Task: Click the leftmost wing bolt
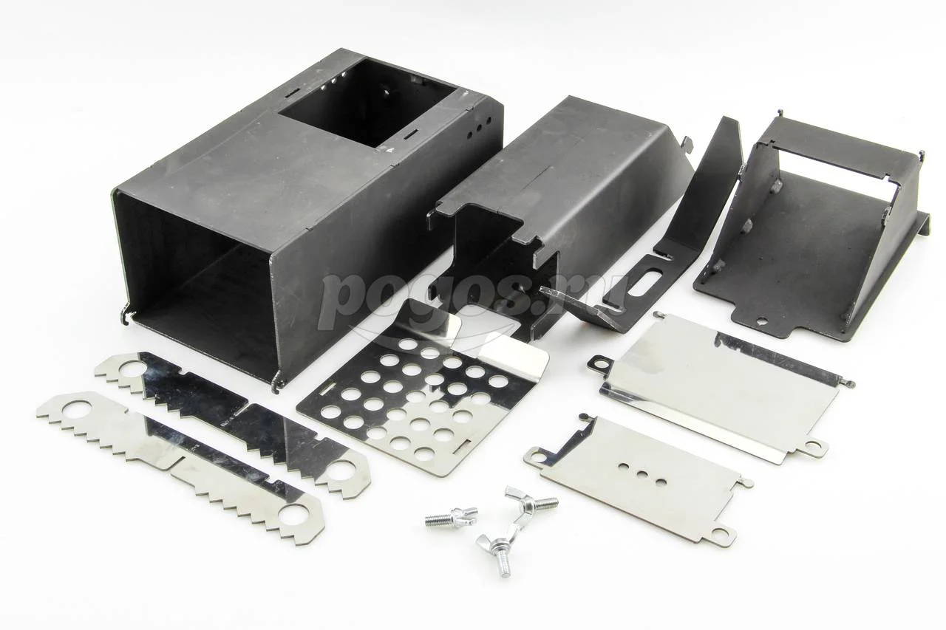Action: click(451, 516)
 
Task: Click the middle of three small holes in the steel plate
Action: click(642, 473)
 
